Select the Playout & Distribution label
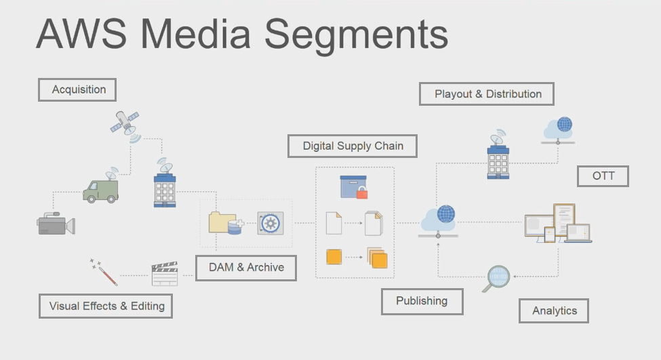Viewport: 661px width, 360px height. click(486, 94)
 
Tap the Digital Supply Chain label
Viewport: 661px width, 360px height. click(353, 146)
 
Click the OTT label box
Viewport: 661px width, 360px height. click(603, 176)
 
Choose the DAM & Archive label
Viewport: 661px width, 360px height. click(247, 267)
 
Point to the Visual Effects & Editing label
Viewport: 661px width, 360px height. click(106, 306)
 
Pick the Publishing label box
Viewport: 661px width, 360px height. click(422, 301)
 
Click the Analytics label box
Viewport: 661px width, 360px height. click(554, 311)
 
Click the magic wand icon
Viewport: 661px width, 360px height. click(103, 271)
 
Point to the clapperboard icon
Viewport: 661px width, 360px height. click(164, 273)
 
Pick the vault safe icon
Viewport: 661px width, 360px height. click(270, 223)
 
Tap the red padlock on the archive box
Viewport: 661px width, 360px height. click(361, 193)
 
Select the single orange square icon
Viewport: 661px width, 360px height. click(334, 257)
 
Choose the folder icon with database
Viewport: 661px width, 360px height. click(225, 222)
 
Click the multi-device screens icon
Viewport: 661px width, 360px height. click(558, 224)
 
